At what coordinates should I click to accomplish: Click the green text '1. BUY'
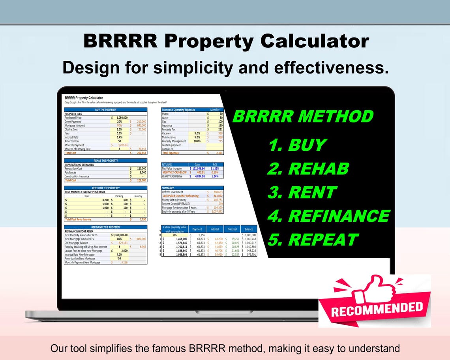[297, 145]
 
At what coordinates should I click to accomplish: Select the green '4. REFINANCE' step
[328, 216]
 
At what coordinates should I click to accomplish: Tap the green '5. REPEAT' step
[313, 240]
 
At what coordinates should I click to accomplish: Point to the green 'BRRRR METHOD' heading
[303, 117]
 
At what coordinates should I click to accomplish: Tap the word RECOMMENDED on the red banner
[377, 308]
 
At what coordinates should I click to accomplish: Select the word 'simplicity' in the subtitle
[193, 67]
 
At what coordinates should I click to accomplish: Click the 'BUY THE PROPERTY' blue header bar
[105, 110]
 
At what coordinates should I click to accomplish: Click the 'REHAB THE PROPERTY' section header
[105, 161]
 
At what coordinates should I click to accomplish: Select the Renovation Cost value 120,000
[139, 169]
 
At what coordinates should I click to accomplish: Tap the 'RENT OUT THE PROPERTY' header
[105, 188]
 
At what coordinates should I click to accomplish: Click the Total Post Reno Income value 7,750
[142, 219]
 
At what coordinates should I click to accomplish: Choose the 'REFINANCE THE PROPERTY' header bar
[105, 227]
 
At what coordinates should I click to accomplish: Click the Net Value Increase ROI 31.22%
[215, 168]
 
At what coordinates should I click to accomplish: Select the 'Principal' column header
[232, 229]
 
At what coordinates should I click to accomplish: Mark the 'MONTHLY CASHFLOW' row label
[174, 172]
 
